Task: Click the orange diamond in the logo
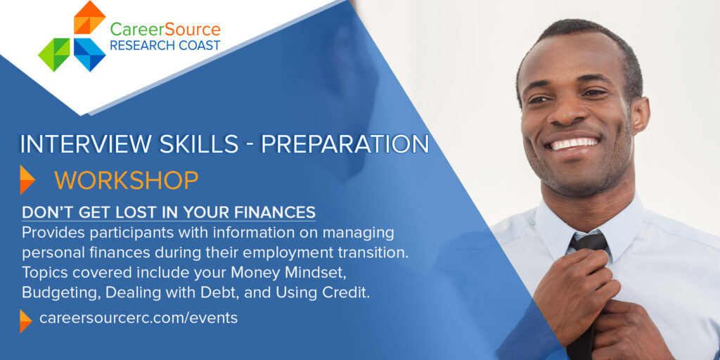tap(89, 18)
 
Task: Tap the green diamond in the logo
tap(54, 55)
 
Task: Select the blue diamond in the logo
tap(89, 55)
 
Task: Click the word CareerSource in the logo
tap(165, 30)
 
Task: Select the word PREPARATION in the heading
tap(345, 144)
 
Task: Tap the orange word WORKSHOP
tap(127, 181)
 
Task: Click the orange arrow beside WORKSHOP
tap(27, 180)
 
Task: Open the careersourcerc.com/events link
tap(139, 318)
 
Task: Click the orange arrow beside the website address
tap(26, 321)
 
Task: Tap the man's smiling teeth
tap(574, 143)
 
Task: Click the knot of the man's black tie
tap(589, 243)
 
